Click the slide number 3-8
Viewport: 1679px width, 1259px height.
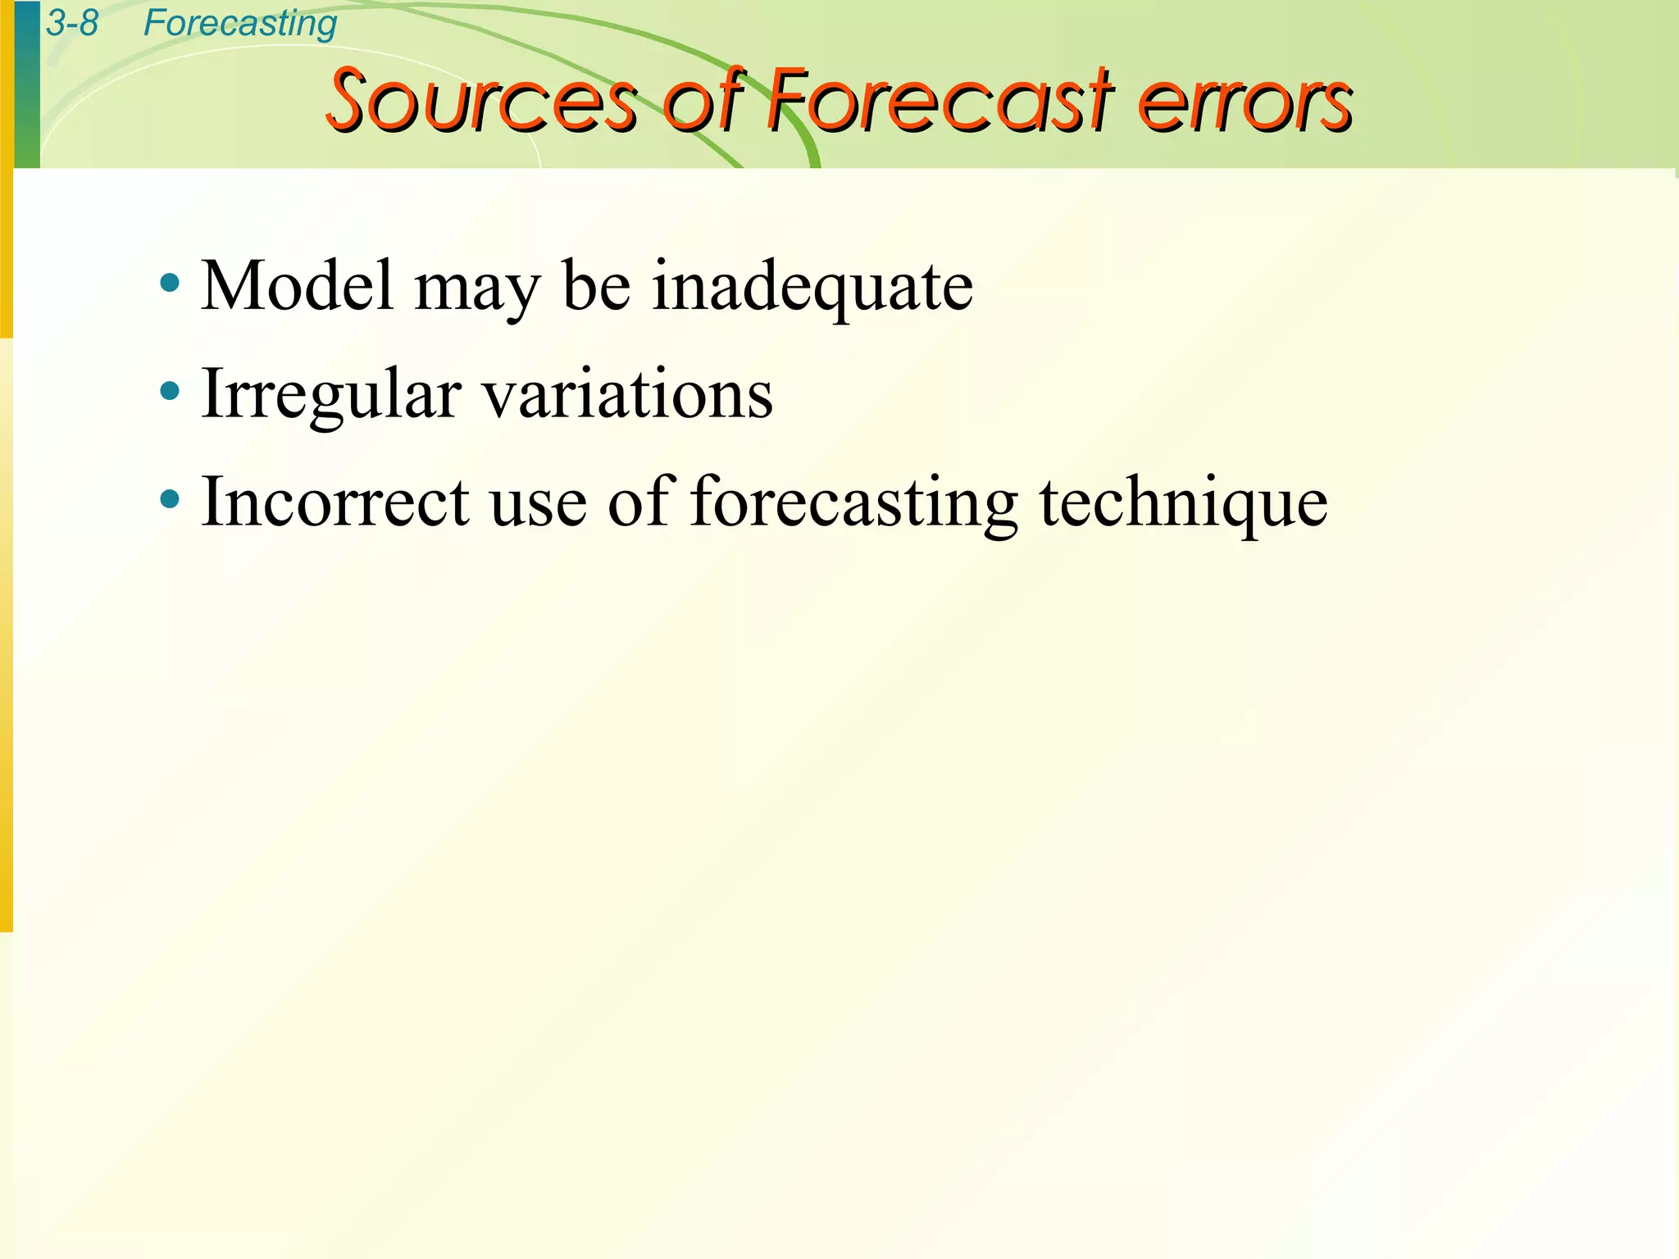click(72, 23)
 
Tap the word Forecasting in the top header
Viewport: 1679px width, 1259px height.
click(239, 24)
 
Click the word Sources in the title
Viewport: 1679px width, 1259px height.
click(481, 102)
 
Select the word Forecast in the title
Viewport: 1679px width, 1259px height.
click(940, 102)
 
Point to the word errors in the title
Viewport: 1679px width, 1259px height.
click(1245, 103)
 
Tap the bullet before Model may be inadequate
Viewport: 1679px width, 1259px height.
click(171, 284)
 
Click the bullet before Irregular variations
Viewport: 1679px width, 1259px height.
click(171, 392)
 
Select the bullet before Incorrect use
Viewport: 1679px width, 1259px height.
click(171, 499)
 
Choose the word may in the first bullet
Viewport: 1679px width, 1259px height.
click(477, 291)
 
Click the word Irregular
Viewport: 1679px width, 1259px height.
click(331, 396)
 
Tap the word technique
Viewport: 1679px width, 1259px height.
click(1184, 503)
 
